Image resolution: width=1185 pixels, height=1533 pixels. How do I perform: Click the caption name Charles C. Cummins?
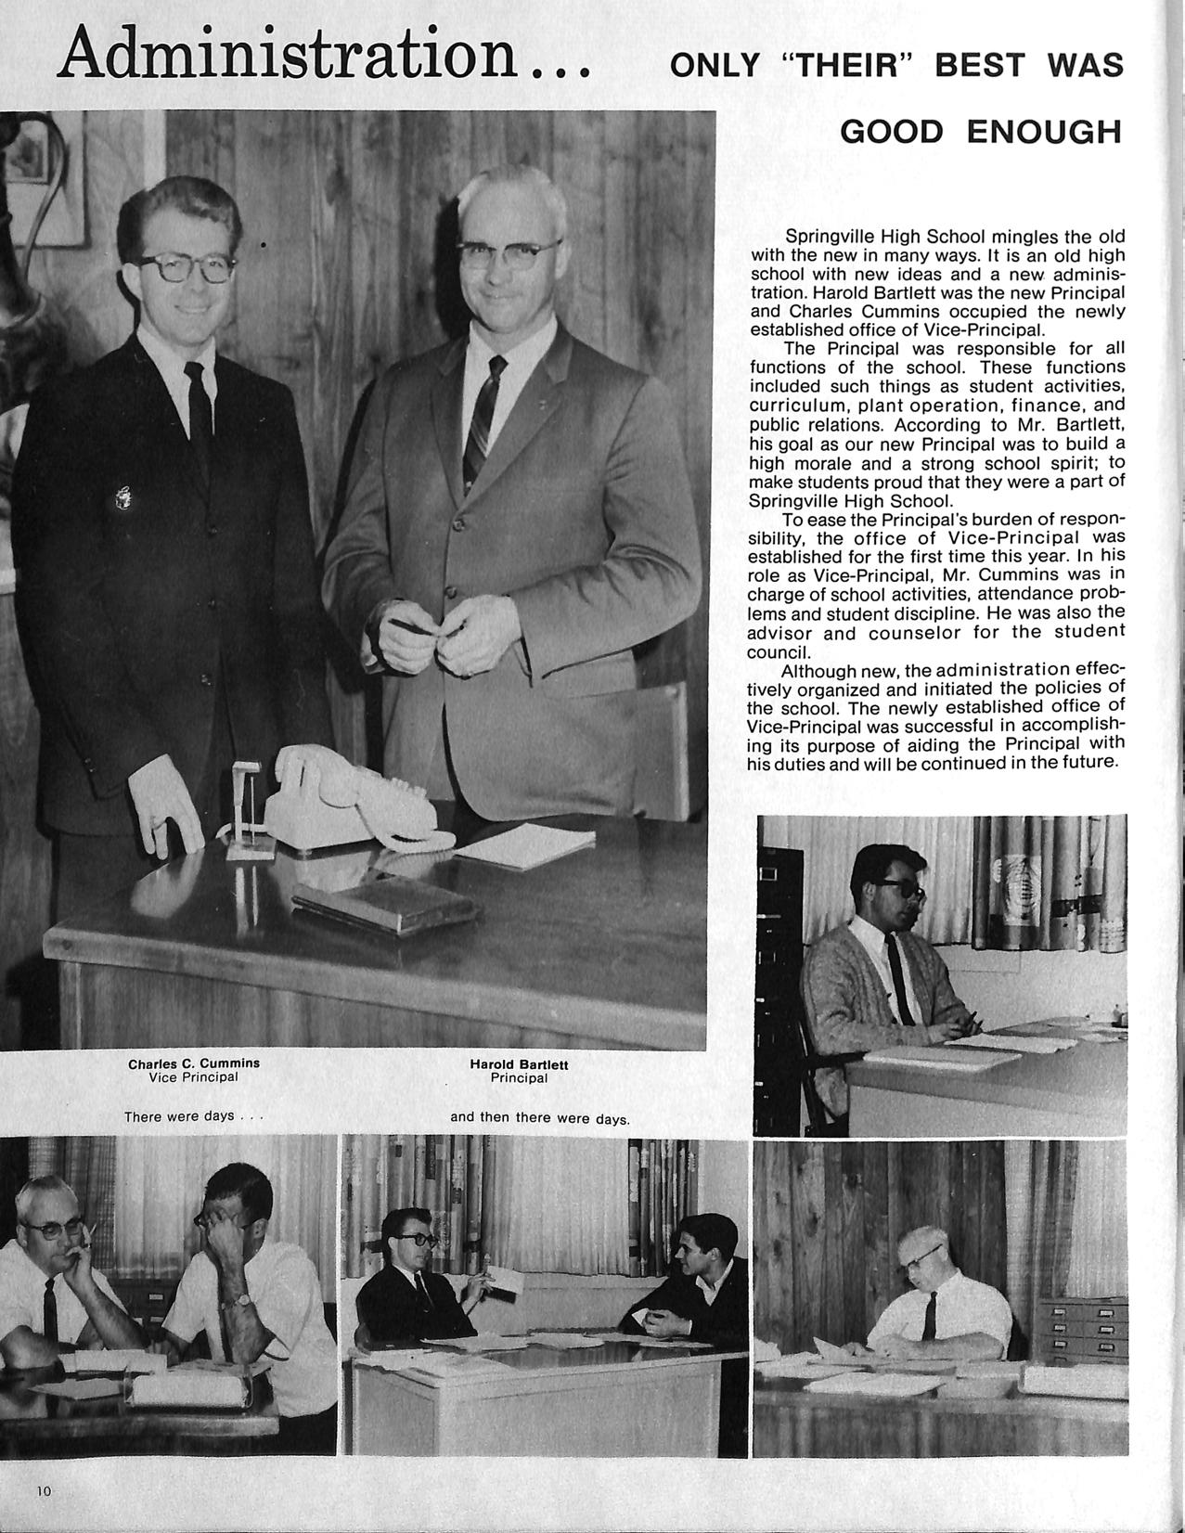pos(194,1063)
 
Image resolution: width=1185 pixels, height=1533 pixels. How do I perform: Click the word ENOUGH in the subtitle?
pos(1044,133)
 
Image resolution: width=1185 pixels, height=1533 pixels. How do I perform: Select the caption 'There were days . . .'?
pos(194,1116)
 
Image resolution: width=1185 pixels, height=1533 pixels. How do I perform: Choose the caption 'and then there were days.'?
pos(539,1117)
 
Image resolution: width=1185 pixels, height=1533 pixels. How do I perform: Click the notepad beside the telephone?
pos(525,844)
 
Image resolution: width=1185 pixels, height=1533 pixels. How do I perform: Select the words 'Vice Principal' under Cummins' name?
pos(193,1077)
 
